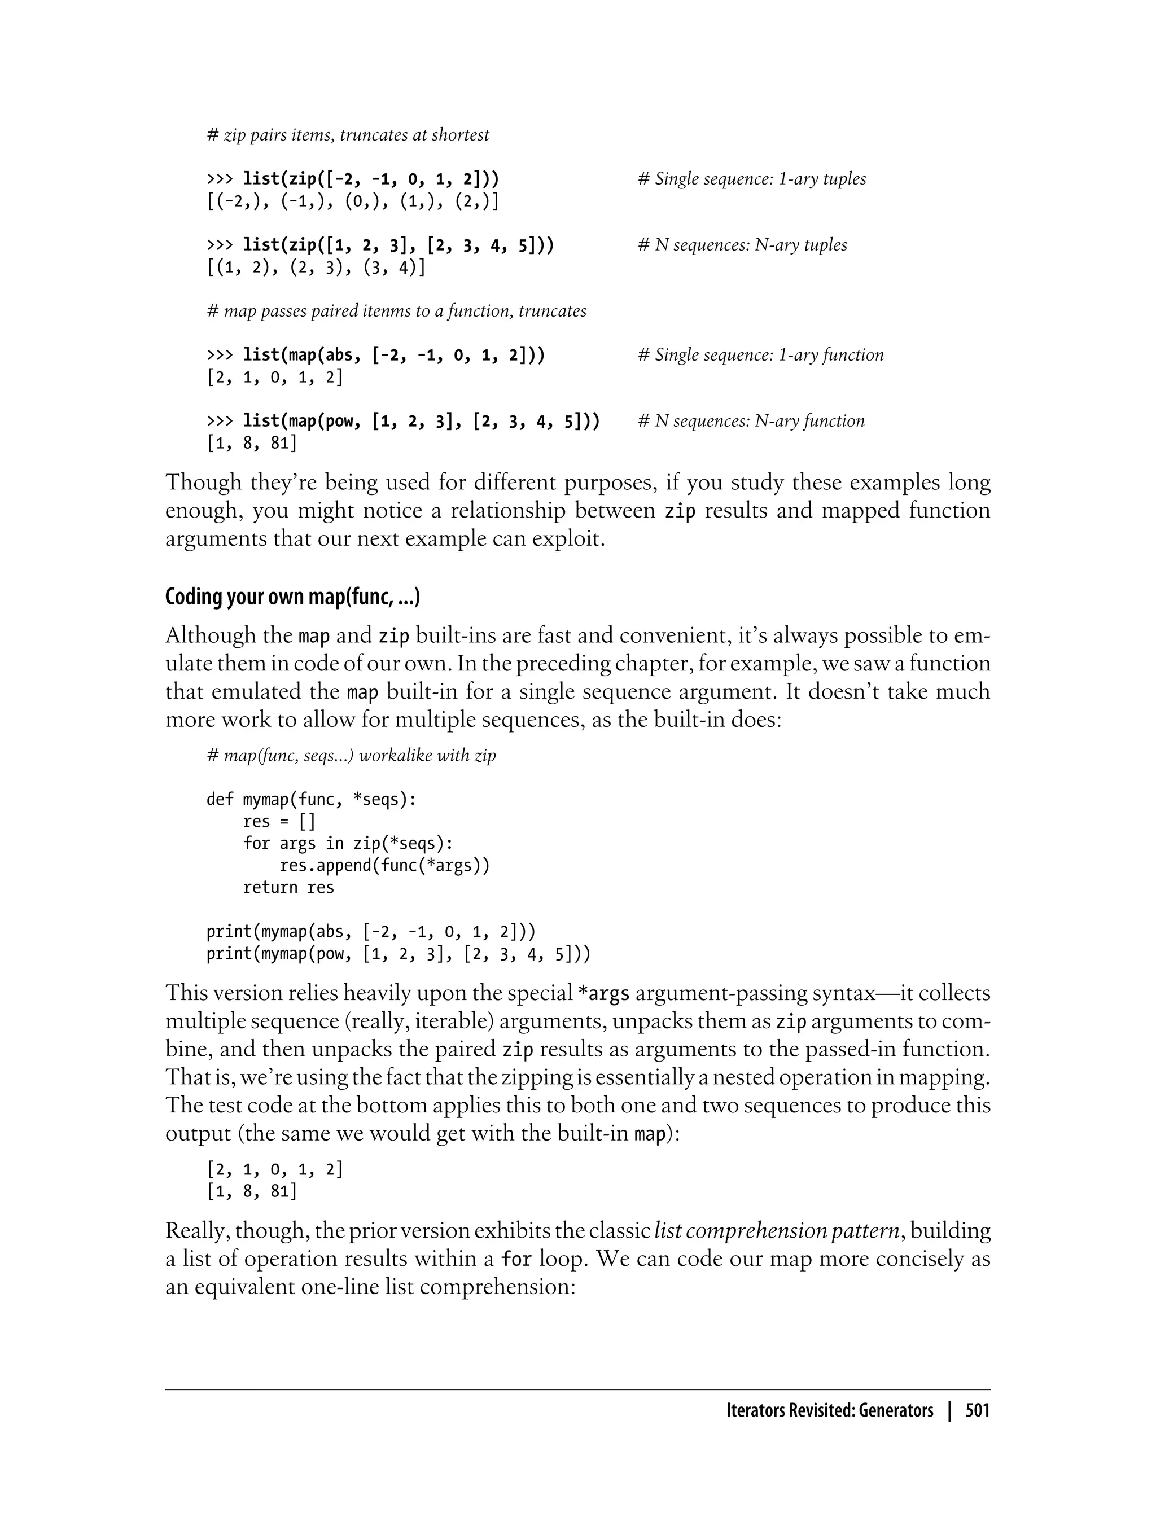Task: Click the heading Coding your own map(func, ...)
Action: [292, 597]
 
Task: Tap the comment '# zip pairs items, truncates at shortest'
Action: [348, 135]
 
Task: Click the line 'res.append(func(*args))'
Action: [384, 866]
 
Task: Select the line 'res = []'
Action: [279, 822]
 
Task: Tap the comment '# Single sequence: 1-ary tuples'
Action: [752, 179]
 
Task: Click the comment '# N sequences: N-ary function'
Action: [751, 421]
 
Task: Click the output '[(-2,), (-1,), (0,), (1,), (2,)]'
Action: [352, 201]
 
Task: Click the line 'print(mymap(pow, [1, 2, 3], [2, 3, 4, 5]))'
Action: [399, 954]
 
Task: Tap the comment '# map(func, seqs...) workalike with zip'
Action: [351, 756]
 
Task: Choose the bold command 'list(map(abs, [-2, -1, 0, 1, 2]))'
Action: [393, 355]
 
